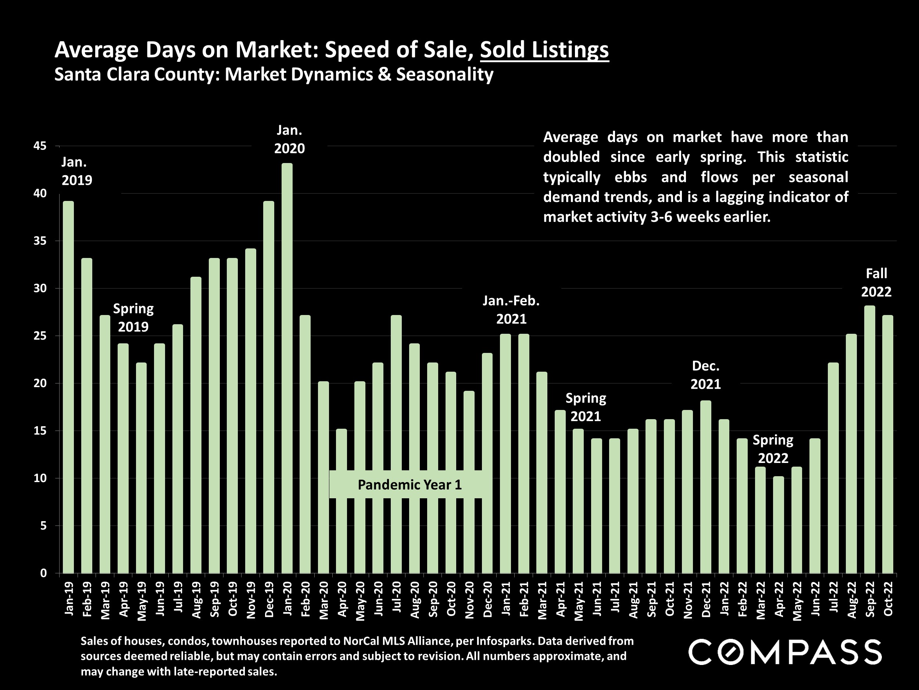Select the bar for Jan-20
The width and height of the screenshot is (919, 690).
(287, 368)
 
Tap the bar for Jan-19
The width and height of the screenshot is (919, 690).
(68, 387)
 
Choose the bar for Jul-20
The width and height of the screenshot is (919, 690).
(396, 444)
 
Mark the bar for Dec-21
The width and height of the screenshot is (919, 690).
(706, 486)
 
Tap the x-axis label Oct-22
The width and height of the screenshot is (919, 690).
(888, 598)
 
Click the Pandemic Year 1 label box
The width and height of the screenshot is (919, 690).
(409, 485)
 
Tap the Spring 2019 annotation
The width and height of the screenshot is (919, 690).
(133, 317)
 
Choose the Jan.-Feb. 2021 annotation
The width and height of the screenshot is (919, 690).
(511, 310)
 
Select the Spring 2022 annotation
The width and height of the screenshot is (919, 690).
(773, 449)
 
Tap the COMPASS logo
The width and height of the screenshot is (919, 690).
(785, 652)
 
